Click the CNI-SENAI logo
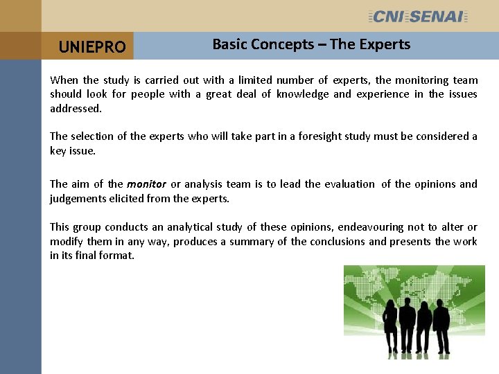(419, 16)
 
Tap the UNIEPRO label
(92, 47)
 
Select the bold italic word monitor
(146, 184)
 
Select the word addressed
(76, 109)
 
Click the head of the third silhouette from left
(423, 304)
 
